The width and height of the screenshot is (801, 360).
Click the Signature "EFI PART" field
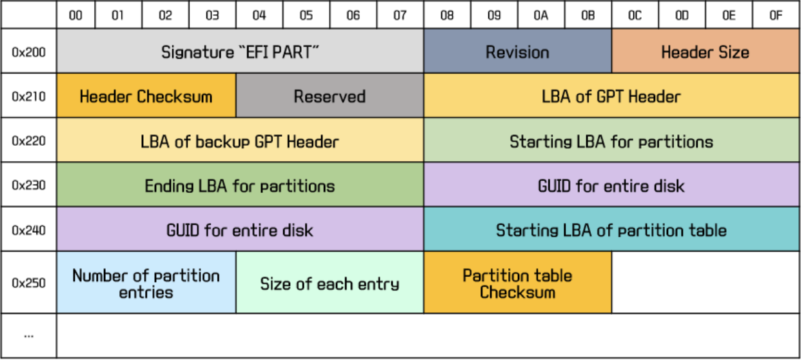coord(240,52)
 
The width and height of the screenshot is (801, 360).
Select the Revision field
coord(517,52)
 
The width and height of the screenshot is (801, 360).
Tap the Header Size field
coord(705,52)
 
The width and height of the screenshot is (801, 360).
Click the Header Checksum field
coord(146,97)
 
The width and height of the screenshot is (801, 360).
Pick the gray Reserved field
coord(330,97)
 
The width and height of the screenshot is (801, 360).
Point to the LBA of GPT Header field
coord(611,97)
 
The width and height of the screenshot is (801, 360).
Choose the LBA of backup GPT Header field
coord(240,141)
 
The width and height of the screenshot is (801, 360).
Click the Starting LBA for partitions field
coord(611,141)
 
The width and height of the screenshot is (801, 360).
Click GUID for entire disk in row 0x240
coord(240,230)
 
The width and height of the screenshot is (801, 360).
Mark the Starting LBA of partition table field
coord(611,230)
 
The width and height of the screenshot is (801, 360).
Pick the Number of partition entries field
coord(146,283)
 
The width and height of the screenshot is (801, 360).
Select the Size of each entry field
coord(330,283)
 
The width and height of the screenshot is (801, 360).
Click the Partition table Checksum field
coord(517,283)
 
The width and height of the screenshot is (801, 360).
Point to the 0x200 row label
coord(28,52)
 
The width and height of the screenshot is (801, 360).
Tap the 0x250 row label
coord(28,283)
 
